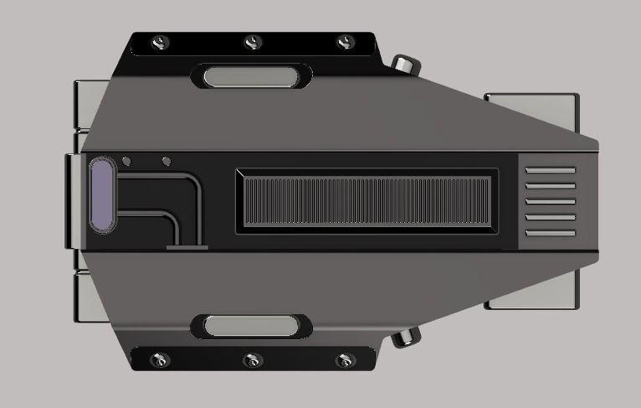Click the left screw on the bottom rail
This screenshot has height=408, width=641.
(x=159, y=360)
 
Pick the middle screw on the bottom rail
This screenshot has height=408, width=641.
(x=252, y=360)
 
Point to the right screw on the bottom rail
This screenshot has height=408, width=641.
(x=345, y=360)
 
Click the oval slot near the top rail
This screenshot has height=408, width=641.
(x=252, y=77)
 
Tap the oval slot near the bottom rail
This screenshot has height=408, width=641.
(x=252, y=326)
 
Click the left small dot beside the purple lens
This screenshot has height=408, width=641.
(x=126, y=161)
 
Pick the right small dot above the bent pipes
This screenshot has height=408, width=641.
(x=166, y=161)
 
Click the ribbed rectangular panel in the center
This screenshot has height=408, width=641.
(x=367, y=201)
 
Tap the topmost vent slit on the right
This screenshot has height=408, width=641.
(x=550, y=170)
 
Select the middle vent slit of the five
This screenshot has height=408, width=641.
(x=550, y=201)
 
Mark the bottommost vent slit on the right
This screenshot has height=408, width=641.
(x=550, y=233)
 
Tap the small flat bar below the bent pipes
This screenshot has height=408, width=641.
(x=187, y=247)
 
